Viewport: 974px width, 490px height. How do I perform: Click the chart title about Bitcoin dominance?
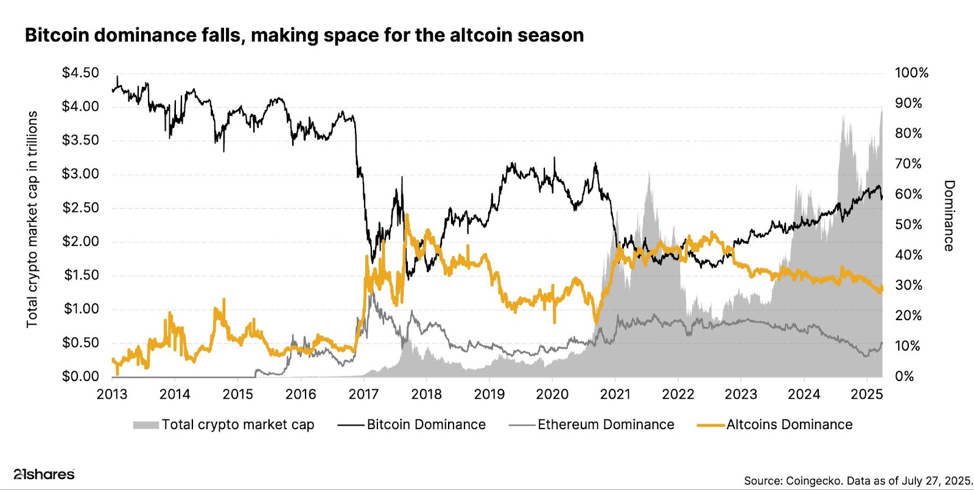pyautogui.click(x=304, y=35)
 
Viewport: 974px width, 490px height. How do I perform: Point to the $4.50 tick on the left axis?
pyautogui.click(x=80, y=73)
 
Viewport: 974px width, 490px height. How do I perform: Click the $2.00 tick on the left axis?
pyautogui.click(x=80, y=242)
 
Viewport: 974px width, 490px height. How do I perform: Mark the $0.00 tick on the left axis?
pyautogui.click(x=80, y=377)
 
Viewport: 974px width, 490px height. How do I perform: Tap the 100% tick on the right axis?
pyautogui.click(x=911, y=73)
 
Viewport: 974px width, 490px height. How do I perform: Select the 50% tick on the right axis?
pyautogui.click(x=908, y=225)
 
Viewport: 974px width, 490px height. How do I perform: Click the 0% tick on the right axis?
pyautogui.click(x=905, y=377)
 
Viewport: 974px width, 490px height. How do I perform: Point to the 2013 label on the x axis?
pyautogui.click(x=112, y=394)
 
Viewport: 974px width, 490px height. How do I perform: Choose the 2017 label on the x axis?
pyautogui.click(x=363, y=394)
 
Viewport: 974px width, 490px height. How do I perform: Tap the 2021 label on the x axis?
pyautogui.click(x=615, y=394)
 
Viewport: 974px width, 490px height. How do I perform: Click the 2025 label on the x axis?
pyautogui.click(x=867, y=394)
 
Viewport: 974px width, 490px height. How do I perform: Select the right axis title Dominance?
pyautogui.click(x=948, y=215)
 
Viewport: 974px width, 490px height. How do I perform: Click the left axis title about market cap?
pyautogui.click(x=32, y=219)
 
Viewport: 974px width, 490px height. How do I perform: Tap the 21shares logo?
pyautogui.click(x=44, y=474)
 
